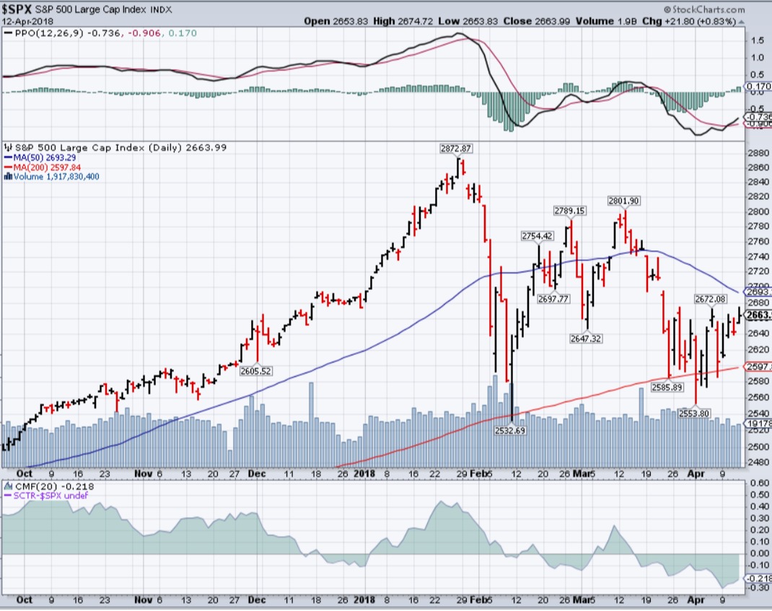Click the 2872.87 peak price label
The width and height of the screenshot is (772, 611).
point(455,148)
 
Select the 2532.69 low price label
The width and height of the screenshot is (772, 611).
point(509,430)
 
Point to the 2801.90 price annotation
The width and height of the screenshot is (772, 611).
point(624,200)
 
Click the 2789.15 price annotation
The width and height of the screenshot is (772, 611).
point(569,210)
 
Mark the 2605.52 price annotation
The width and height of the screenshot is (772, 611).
point(257,371)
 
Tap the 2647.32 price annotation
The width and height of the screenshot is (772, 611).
point(587,338)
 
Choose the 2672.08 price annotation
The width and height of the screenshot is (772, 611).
point(710,298)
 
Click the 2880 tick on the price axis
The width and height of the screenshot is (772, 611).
point(756,153)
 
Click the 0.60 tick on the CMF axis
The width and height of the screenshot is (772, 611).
point(758,483)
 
